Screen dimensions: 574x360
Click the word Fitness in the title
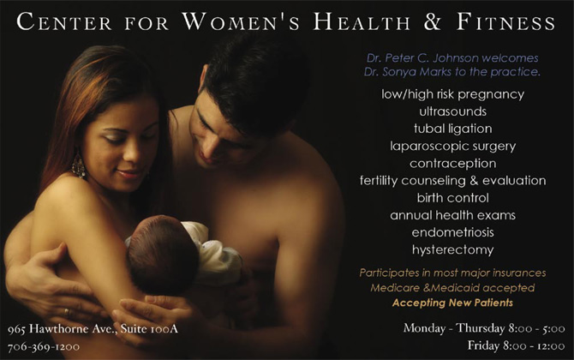[506, 22]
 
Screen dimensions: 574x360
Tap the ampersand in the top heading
[433, 22]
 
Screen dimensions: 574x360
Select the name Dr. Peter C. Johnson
[422, 58]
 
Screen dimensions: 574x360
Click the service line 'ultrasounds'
[453, 111]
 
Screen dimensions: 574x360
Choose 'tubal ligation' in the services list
[453, 129]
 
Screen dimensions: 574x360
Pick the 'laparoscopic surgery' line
[453, 146]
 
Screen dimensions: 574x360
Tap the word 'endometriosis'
[453, 232]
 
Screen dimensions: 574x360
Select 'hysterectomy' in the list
[453, 249]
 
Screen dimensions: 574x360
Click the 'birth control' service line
[453, 198]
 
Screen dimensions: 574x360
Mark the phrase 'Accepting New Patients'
[452, 303]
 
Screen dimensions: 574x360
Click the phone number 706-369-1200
[44, 346]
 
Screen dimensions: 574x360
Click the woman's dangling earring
[78, 165]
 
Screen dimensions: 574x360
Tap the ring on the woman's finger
[67, 312]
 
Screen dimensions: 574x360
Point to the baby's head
[162, 254]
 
